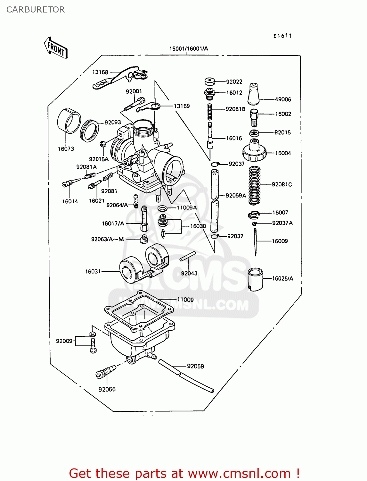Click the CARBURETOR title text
(36, 10)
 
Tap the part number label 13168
(100, 72)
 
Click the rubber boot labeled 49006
(254, 94)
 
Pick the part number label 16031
(93, 272)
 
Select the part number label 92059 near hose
(195, 366)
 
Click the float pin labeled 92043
(188, 257)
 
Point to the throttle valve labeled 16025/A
(255, 279)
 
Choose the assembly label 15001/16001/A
(189, 49)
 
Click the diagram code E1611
(282, 36)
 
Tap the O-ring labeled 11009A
(163, 209)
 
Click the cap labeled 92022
(210, 82)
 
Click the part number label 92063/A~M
(107, 239)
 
